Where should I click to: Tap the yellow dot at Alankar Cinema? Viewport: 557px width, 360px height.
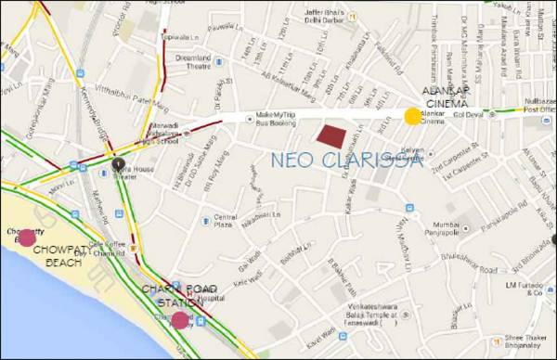(x=412, y=115)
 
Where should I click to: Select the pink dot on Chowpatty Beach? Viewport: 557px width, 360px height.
(x=27, y=237)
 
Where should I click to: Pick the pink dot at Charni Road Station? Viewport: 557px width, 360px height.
(x=179, y=320)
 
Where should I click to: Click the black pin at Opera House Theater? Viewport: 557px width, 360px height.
(x=118, y=165)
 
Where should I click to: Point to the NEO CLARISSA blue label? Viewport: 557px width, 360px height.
(x=346, y=161)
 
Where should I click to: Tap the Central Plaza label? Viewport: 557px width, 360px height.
(x=226, y=222)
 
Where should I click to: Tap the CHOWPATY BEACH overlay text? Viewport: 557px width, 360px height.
(x=57, y=256)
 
